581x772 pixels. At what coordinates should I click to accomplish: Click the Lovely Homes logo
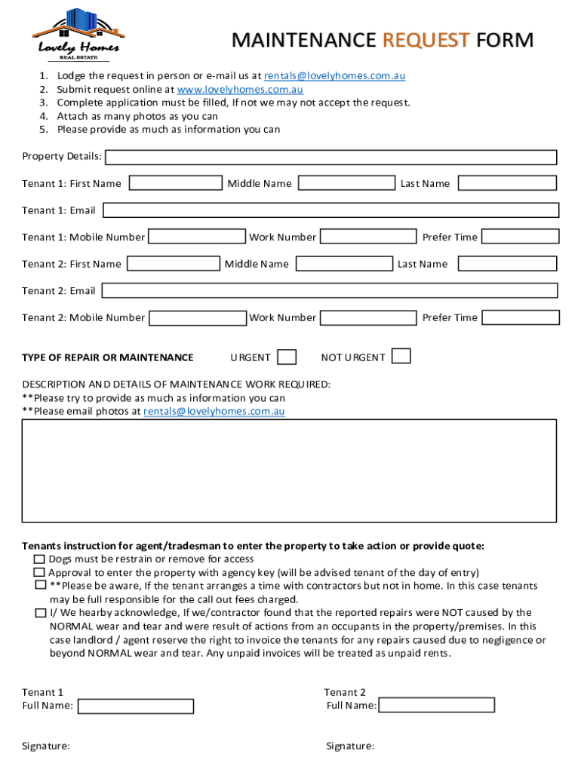click(78, 35)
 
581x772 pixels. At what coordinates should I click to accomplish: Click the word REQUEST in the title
click(426, 40)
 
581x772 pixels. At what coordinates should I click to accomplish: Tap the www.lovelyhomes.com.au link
click(239, 89)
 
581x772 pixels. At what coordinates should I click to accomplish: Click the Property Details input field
click(330, 157)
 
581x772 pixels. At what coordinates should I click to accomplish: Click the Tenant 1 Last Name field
click(506, 183)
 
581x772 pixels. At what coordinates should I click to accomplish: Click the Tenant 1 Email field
click(330, 210)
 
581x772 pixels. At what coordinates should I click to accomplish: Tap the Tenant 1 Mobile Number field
click(198, 237)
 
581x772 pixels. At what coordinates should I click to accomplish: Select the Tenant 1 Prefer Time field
click(520, 237)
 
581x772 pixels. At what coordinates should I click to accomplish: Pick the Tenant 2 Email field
click(330, 290)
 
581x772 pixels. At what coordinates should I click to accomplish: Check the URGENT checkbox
click(287, 357)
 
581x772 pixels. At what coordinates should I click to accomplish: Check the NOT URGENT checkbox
click(401, 356)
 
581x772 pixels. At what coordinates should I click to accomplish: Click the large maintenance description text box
click(289, 470)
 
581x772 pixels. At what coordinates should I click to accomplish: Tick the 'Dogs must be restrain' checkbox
click(39, 559)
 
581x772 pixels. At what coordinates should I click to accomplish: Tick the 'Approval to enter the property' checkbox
click(39, 573)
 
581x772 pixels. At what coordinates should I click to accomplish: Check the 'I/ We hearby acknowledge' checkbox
click(40, 613)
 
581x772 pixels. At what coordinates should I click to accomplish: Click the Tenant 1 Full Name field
click(136, 706)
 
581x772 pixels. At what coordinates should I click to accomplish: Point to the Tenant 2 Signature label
click(350, 746)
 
